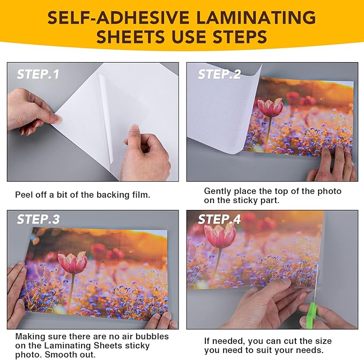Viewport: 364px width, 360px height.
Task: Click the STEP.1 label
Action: click(x=38, y=74)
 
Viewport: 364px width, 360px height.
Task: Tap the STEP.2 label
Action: click(x=219, y=74)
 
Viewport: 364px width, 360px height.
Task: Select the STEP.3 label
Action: click(x=38, y=219)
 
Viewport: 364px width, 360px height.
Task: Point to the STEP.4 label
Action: click(x=219, y=219)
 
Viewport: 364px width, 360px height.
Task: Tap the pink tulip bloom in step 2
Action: click(x=270, y=107)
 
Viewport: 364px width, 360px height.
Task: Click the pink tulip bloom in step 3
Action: click(x=73, y=262)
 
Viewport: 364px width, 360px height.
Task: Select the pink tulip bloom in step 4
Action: click(x=220, y=235)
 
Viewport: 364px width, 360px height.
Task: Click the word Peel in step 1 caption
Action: click(x=25, y=195)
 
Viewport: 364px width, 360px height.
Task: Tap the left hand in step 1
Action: click(x=29, y=110)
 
